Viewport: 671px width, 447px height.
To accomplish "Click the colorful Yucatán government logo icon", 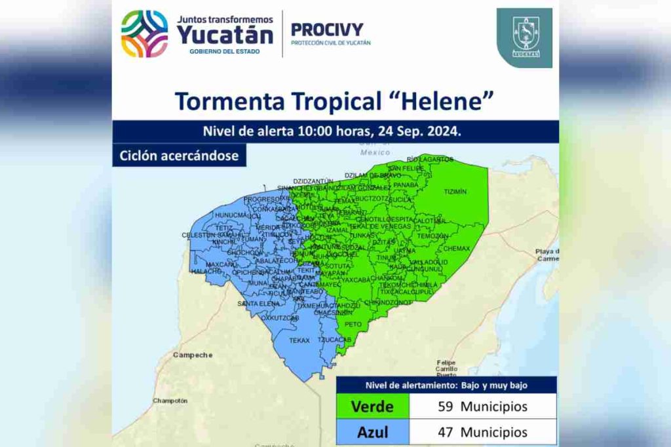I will pos(145,33).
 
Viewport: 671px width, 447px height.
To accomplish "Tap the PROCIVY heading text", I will pos(326,29).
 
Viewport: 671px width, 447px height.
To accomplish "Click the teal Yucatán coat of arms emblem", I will pos(525,37).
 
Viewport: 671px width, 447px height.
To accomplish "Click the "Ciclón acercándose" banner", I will pos(179,156).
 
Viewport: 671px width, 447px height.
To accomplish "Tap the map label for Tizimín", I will pos(455,192).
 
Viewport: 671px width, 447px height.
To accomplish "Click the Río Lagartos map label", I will pos(430,159).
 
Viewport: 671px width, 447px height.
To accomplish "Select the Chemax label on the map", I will pos(457,249).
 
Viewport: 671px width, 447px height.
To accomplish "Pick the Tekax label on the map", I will pos(299,340).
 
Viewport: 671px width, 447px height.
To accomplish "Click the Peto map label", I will pos(353,324).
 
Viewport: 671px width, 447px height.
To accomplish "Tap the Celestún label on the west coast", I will pos(198,234).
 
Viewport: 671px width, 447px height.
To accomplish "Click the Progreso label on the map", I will pos(261,199).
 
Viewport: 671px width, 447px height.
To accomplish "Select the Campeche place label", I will pos(193,355).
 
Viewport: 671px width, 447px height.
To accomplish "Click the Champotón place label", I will pos(170,401).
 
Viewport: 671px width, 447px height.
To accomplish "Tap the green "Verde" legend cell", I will pos(372,406).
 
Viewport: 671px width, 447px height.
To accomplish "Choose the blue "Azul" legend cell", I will pos(372,433).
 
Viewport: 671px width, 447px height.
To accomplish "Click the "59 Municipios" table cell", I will pos(482,406).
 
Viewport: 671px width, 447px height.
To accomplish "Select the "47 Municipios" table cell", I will pos(482,433).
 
